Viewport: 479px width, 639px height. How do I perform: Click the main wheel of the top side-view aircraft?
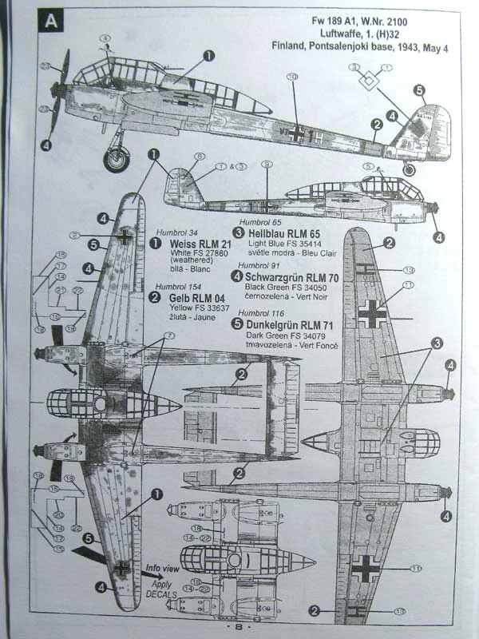click(117, 159)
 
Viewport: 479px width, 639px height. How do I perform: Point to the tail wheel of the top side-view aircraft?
click(410, 169)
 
